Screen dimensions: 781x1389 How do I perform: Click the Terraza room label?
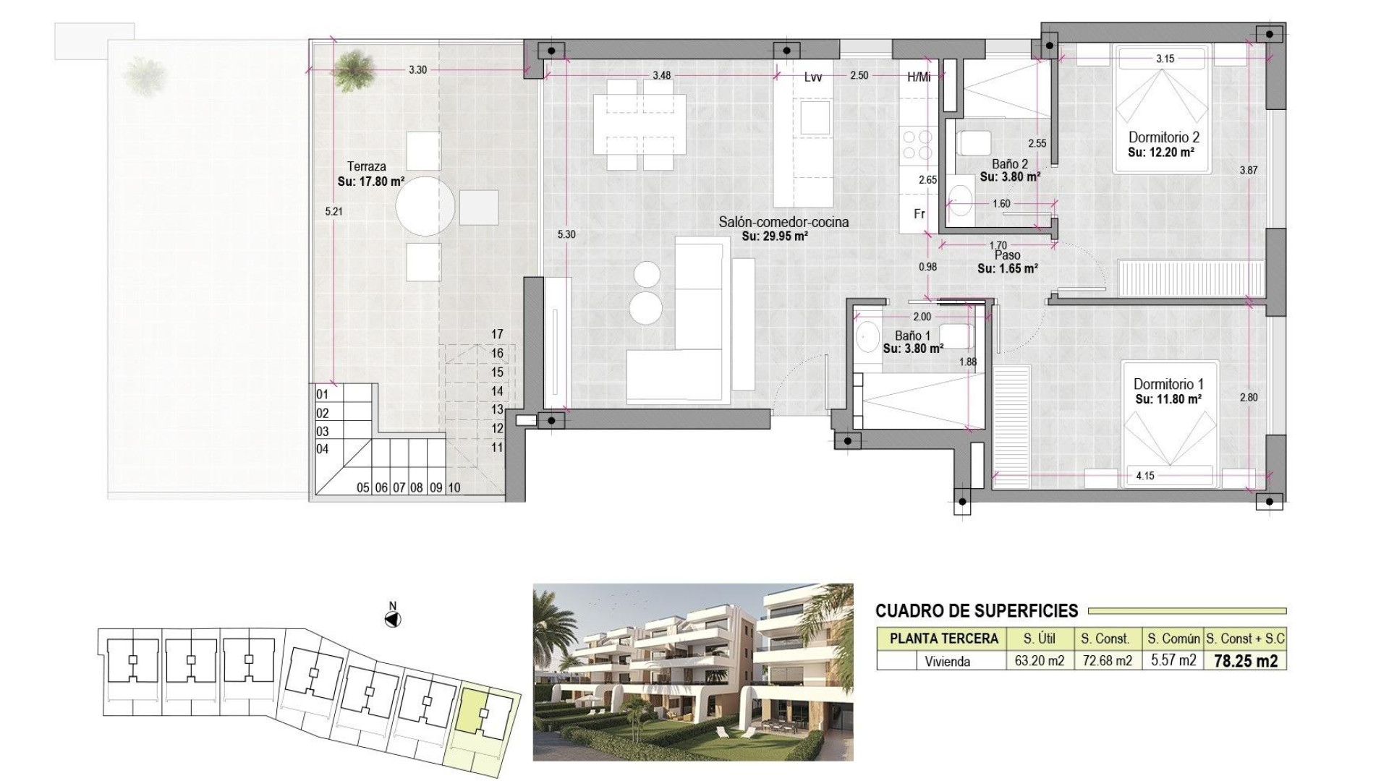(367, 166)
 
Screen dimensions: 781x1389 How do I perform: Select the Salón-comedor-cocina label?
(783, 222)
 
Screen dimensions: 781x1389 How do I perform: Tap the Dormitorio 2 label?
(1163, 137)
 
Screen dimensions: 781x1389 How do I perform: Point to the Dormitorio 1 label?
(1168, 384)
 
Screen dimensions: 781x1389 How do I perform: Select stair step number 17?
(496, 334)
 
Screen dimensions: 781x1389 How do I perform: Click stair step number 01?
(323, 395)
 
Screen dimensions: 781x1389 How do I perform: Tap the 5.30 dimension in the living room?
(566, 234)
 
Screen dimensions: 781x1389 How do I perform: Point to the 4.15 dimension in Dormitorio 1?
(1144, 476)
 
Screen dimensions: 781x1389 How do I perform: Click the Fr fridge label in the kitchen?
(919, 214)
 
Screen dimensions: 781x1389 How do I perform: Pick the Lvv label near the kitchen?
(812, 77)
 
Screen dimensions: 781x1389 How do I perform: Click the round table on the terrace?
(426, 205)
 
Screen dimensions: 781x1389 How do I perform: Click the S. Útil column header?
(1038, 639)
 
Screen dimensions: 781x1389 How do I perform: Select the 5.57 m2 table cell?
(1172, 661)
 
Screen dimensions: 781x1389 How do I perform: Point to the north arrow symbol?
(393, 619)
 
